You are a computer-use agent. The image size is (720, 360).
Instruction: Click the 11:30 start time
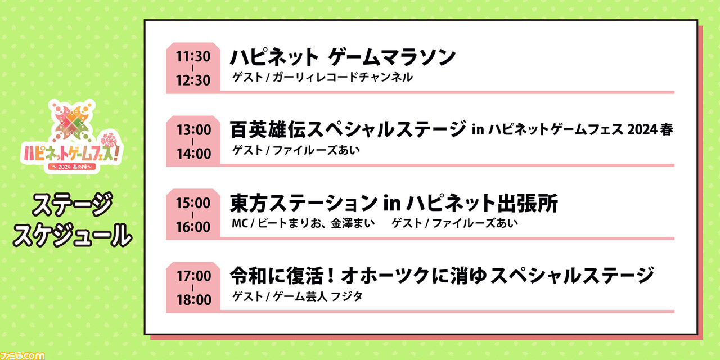point(193,57)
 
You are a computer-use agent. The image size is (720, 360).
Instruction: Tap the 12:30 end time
point(193,80)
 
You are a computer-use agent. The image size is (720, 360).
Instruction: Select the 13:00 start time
point(193,130)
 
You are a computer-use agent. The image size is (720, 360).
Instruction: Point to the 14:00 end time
point(193,154)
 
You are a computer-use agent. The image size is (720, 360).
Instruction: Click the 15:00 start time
point(193,203)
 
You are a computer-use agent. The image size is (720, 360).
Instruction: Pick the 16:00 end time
point(193,227)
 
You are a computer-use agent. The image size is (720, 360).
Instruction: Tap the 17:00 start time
point(193,276)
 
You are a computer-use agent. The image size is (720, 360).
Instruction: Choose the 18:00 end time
point(193,300)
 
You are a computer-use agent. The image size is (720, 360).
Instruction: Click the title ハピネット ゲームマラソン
point(343,57)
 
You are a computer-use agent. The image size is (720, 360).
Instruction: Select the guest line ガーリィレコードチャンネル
point(343,78)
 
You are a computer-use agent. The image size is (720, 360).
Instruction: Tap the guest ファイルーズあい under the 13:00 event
point(316,150)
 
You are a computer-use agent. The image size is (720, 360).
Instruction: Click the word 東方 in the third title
point(249,203)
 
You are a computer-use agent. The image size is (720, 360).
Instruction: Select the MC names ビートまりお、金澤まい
point(316,223)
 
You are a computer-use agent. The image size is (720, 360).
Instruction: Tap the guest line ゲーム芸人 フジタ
point(318,296)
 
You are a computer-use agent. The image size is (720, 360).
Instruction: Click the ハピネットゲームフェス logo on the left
point(71,136)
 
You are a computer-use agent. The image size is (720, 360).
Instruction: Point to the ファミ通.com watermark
point(22,355)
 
